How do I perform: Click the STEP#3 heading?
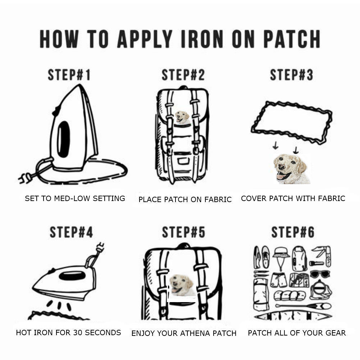point(291,75)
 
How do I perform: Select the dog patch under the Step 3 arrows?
point(291,169)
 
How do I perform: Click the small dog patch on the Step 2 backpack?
point(183,117)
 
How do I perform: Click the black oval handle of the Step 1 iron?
point(63,139)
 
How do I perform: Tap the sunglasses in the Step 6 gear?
point(320,274)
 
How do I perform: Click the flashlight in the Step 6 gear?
point(316,263)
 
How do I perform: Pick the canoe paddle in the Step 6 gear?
point(303,306)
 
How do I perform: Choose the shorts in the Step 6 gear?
point(278,280)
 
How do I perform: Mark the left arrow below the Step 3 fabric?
point(275,145)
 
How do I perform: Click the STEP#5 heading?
point(183,232)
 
